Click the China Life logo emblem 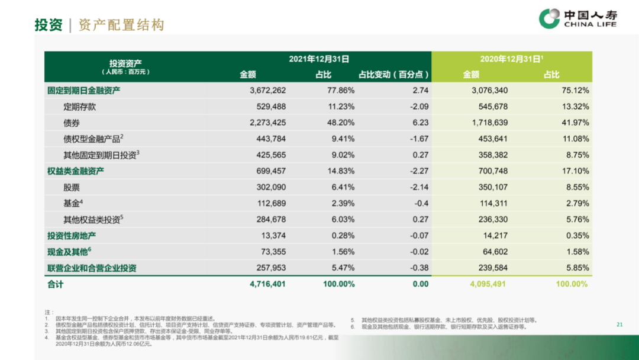[x=549, y=18]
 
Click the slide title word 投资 [x=49, y=25]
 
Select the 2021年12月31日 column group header [x=319, y=59]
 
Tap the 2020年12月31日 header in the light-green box [x=512, y=59]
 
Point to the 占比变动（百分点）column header [x=393, y=75]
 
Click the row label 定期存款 [x=79, y=107]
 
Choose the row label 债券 [x=71, y=123]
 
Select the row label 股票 [x=71, y=187]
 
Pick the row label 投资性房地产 [x=71, y=236]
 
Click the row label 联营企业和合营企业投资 [x=92, y=268]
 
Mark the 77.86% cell [x=341, y=91]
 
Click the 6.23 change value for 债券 [x=421, y=123]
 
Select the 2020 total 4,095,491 [x=489, y=284]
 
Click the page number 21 [x=619, y=324]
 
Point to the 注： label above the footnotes [x=49, y=312]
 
